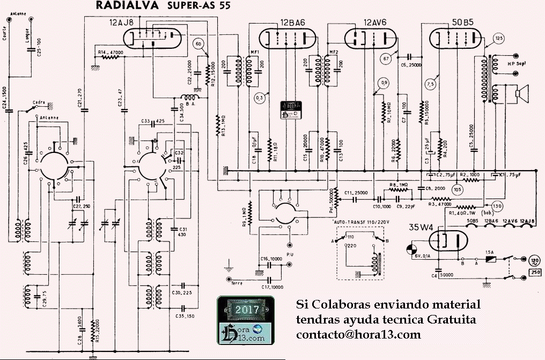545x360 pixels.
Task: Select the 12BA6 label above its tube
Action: pos(292,23)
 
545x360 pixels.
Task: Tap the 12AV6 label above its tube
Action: pos(375,23)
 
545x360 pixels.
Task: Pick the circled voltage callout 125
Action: pos(499,38)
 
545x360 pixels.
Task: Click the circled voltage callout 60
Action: pos(199,43)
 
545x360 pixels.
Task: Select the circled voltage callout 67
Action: pos(386,57)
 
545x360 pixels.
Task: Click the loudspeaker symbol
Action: pos(521,93)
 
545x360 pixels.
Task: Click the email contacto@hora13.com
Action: pos(358,334)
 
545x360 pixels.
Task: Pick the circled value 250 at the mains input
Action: pos(535,272)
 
